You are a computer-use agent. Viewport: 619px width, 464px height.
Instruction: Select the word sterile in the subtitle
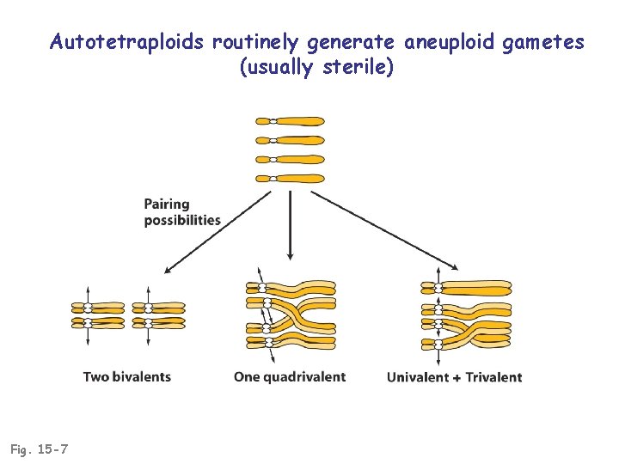(x=359, y=67)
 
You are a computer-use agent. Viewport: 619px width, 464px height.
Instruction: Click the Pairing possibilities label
(x=181, y=212)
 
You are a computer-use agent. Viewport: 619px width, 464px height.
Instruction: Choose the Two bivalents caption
(x=127, y=376)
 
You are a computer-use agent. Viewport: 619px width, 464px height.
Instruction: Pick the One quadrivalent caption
(x=290, y=376)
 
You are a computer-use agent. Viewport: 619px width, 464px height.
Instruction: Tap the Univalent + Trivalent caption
(x=454, y=376)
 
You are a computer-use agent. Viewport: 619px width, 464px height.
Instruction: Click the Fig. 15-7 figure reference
(x=40, y=449)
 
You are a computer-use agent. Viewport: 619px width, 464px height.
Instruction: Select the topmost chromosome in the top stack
(x=291, y=122)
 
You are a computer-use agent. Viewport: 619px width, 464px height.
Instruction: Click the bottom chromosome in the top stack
(x=291, y=179)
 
